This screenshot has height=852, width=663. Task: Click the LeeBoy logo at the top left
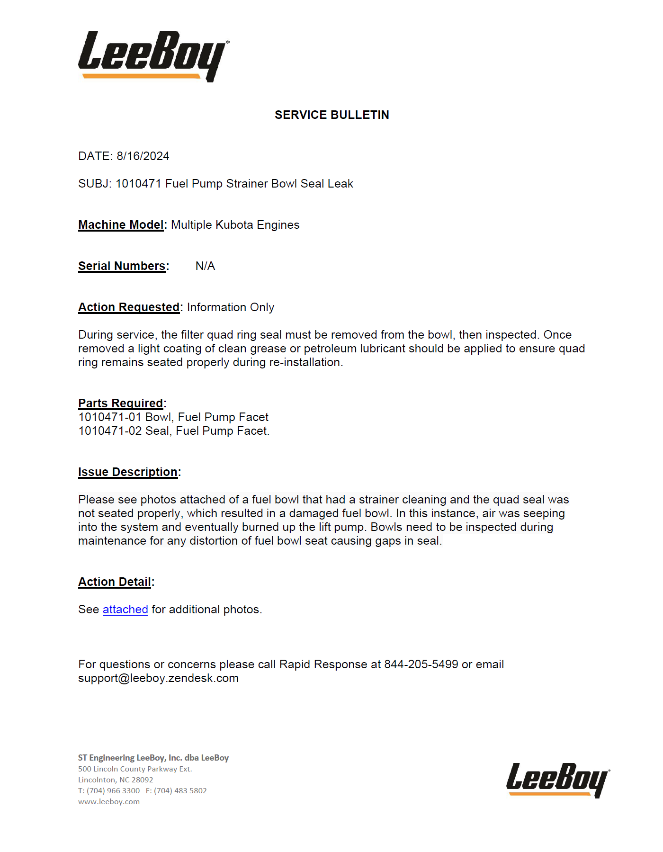152,56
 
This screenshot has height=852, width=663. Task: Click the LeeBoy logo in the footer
557,780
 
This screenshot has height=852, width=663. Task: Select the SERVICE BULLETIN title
331,115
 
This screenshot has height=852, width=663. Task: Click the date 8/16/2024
143,156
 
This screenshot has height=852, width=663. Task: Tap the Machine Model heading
121,225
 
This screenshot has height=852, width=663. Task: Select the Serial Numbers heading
122,266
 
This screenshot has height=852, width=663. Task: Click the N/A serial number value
205,266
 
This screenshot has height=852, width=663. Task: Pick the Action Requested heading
129,307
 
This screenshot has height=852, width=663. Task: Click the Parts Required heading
121,404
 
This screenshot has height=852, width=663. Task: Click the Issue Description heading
128,472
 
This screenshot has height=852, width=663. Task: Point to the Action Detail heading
115,582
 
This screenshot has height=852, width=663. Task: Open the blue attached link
125,610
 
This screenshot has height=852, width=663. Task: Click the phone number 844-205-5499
421,664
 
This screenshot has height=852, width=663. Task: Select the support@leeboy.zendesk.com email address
158,678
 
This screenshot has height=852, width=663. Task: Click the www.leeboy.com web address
109,802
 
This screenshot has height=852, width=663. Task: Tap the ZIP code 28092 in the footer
142,780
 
